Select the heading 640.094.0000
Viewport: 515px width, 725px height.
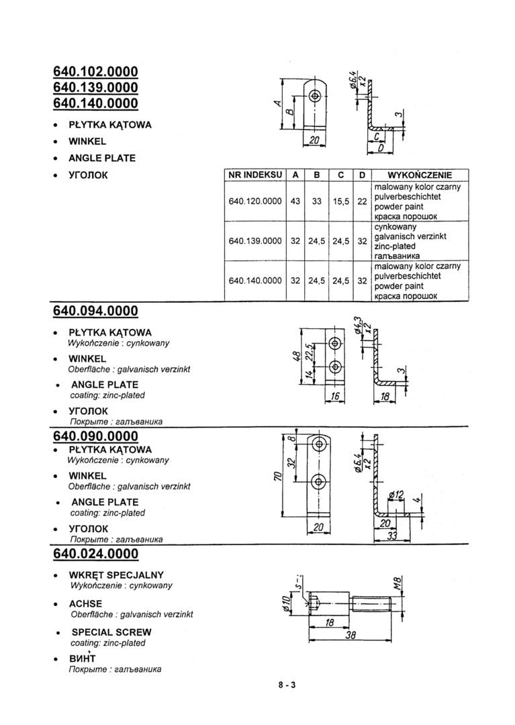click(x=95, y=311)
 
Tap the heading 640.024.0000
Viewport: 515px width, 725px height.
click(x=95, y=554)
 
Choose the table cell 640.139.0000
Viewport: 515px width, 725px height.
click(x=254, y=240)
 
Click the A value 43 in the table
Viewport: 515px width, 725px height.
click(x=295, y=201)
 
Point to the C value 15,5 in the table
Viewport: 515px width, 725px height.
click(x=340, y=201)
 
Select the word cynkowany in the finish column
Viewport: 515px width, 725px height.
click(x=395, y=227)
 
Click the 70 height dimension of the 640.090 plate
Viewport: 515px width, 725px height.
click(x=276, y=477)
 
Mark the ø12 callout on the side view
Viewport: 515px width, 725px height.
click(x=396, y=495)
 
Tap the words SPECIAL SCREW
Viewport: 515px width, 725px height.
click(x=111, y=632)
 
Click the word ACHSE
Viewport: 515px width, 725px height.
click(x=86, y=603)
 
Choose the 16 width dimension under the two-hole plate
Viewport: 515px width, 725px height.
click(x=334, y=397)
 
